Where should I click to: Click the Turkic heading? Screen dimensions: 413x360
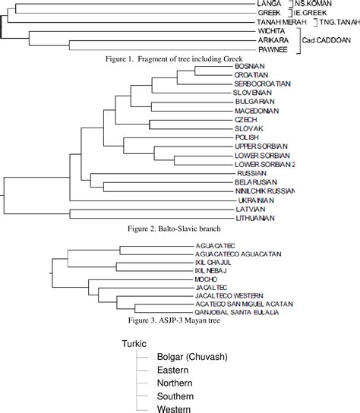pyautogui.click(x=134, y=344)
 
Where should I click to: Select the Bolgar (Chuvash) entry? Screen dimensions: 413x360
pyautogui.click(x=192, y=358)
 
